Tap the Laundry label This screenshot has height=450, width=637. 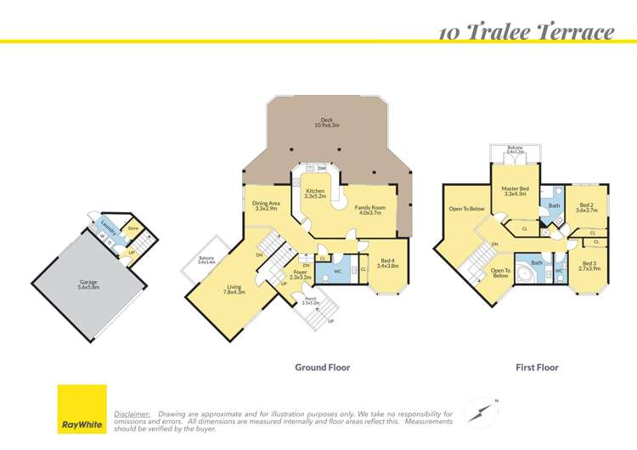tap(107, 226)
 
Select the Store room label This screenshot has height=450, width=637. tap(132, 228)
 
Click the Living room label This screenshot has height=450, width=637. tap(235, 290)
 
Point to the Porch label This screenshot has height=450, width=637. tap(312, 299)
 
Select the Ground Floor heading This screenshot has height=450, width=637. tap(322, 368)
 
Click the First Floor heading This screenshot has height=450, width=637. tap(537, 368)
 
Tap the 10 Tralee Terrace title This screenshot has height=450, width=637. tap(526, 32)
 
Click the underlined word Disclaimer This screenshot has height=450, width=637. tap(132, 413)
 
